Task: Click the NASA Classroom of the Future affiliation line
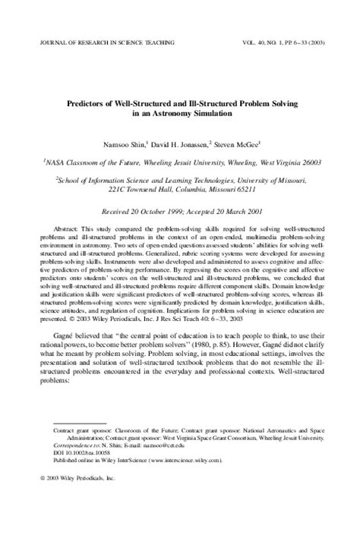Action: click(180, 161)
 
